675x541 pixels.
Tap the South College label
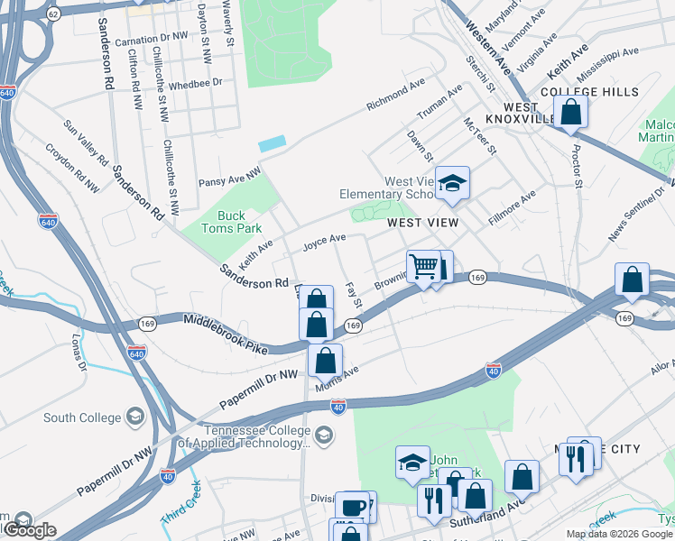click(82, 417)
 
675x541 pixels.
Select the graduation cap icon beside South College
click(134, 417)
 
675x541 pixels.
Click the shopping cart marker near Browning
click(423, 267)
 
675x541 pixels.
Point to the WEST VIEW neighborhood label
click(423, 222)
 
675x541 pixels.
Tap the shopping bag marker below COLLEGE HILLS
click(571, 113)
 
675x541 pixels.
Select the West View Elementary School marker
click(453, 184)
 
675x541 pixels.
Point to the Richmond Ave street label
click(395, 94)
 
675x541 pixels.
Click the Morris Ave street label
click(337, 378)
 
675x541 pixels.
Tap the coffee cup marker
click(353, 507)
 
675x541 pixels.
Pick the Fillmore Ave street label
click(513, 206)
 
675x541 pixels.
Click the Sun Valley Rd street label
click(87, 144)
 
